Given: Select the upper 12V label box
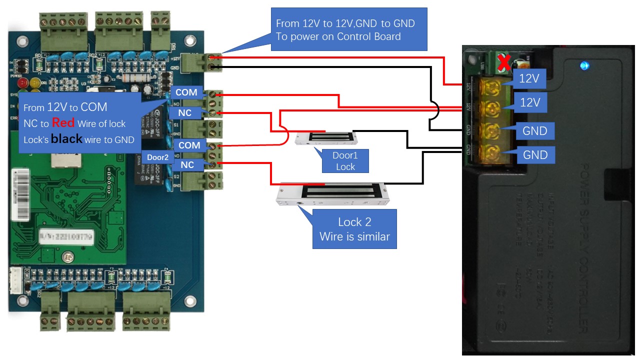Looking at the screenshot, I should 530,78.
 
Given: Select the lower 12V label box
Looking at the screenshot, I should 530,102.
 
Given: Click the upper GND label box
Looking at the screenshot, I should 534,131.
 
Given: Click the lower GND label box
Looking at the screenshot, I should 534,155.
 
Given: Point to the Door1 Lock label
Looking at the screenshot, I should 345,161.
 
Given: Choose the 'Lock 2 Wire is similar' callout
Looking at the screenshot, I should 354,229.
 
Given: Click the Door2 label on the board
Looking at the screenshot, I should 157,157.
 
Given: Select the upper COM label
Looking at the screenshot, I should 186,92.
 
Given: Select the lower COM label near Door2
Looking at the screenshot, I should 189,145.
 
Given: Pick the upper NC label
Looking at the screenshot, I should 184,113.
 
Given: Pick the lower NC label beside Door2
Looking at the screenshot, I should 187,165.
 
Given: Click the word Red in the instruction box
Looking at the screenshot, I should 63,123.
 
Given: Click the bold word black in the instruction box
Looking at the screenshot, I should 66,139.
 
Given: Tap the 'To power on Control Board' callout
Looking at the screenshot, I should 348,29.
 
